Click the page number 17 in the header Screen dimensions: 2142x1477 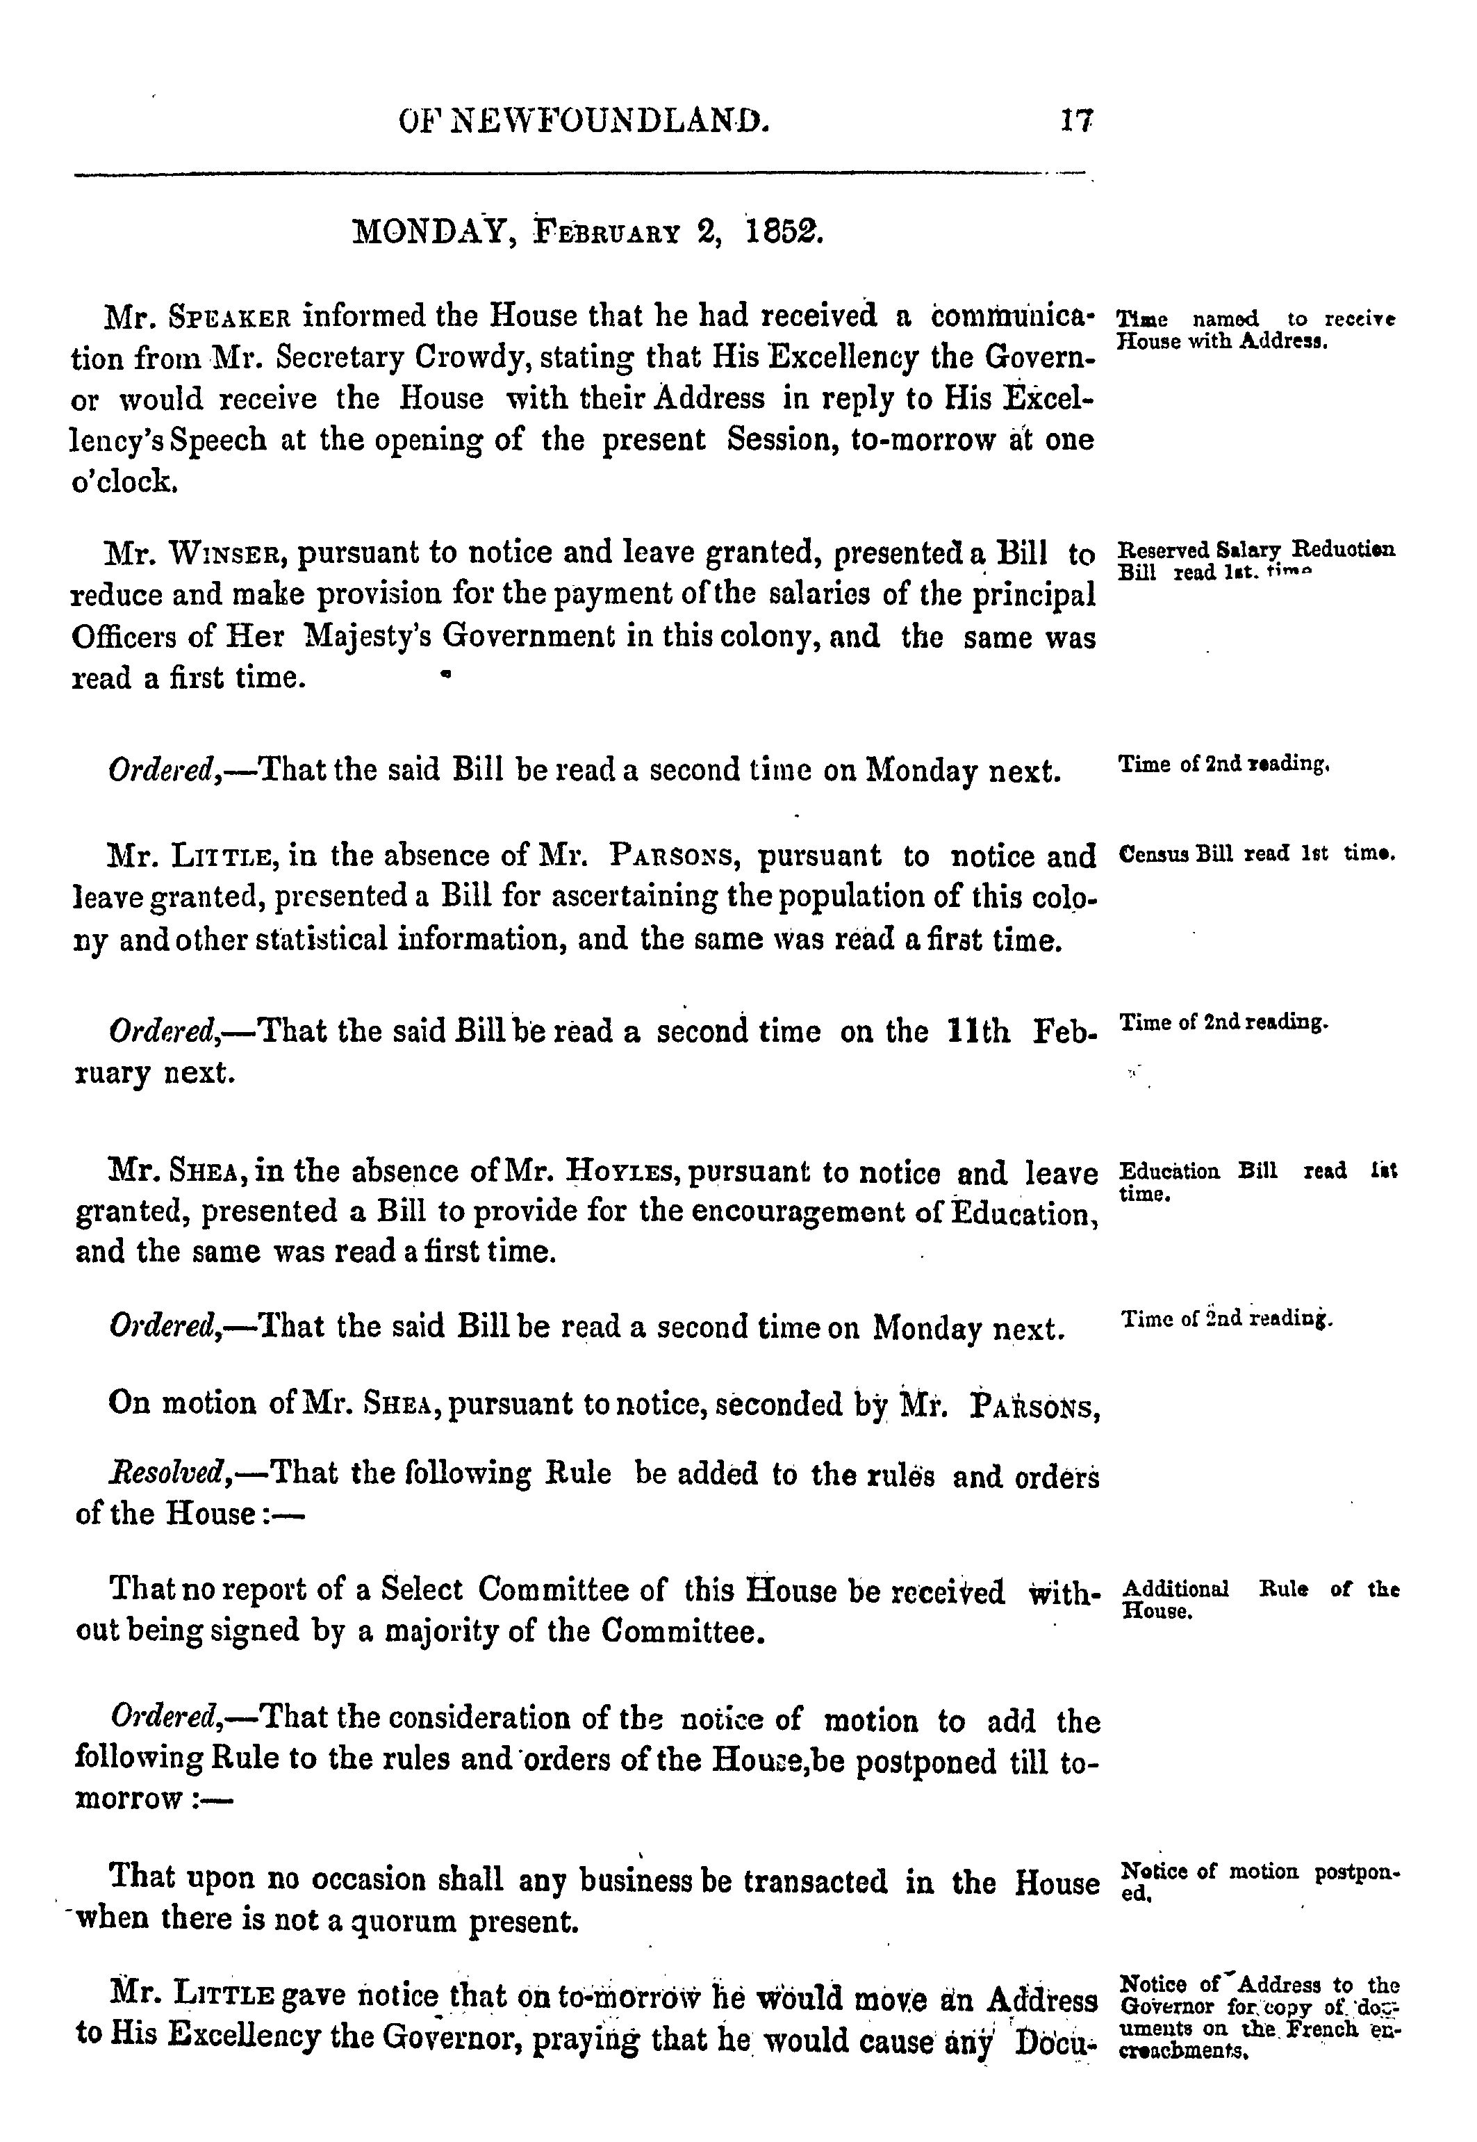point(1078,120)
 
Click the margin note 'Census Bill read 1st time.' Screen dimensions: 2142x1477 point(1257,853)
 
